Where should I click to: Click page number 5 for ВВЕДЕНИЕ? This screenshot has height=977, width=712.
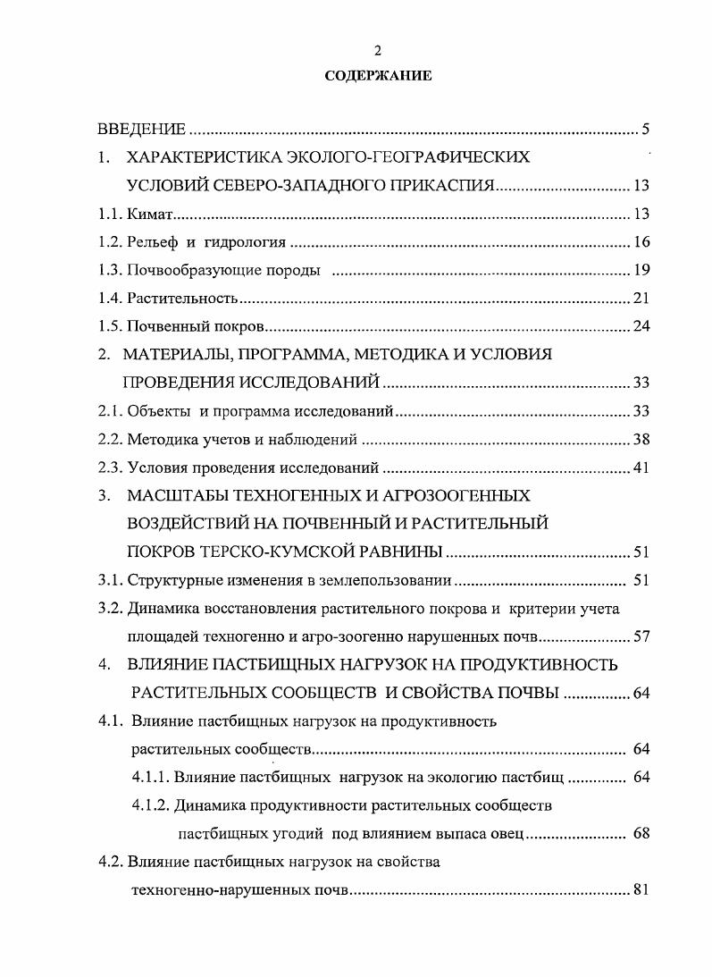(645, 130)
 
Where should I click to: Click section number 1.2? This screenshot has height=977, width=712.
(109, 242)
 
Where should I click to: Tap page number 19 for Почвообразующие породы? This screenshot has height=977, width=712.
(641, 270)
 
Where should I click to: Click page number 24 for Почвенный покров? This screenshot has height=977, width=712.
(641, 325)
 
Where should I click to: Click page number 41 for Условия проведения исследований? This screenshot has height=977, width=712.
(641, 467)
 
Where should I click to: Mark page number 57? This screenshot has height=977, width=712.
(641, 636)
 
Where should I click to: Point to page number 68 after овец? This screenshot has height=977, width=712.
(641, 834)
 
